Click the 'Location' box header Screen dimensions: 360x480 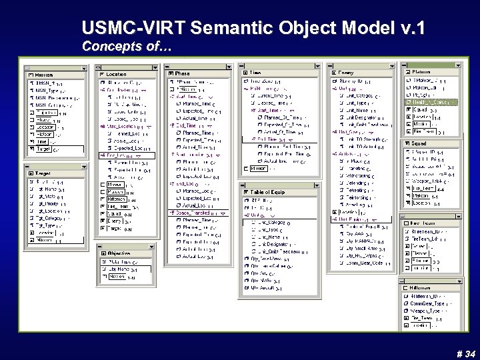[x=116, y=74]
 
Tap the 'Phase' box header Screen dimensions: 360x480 [x=183, y=73]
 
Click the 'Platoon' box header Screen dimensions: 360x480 [x=423, y=71]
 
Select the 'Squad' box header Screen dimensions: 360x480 [x=420, y=143]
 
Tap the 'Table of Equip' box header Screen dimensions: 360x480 [x=270, y=191]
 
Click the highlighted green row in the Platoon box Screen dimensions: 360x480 [x=431, y=102]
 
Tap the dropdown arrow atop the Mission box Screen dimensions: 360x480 [x=83, y=68]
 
